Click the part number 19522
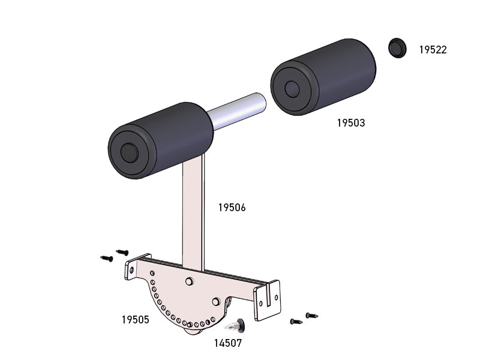[x=433, y=50]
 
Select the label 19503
[x=351, y=123]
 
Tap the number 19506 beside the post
[x=232, y=208]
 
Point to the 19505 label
[x=136, y=320]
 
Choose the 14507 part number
[x=228, y=343]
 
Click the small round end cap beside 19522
[x=397, y=48]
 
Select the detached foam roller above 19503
[x=323, y=77]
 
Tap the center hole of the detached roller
[x=292, y=89]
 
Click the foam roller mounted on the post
[x=161, y=140]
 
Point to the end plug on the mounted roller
[x=129, y=152]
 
